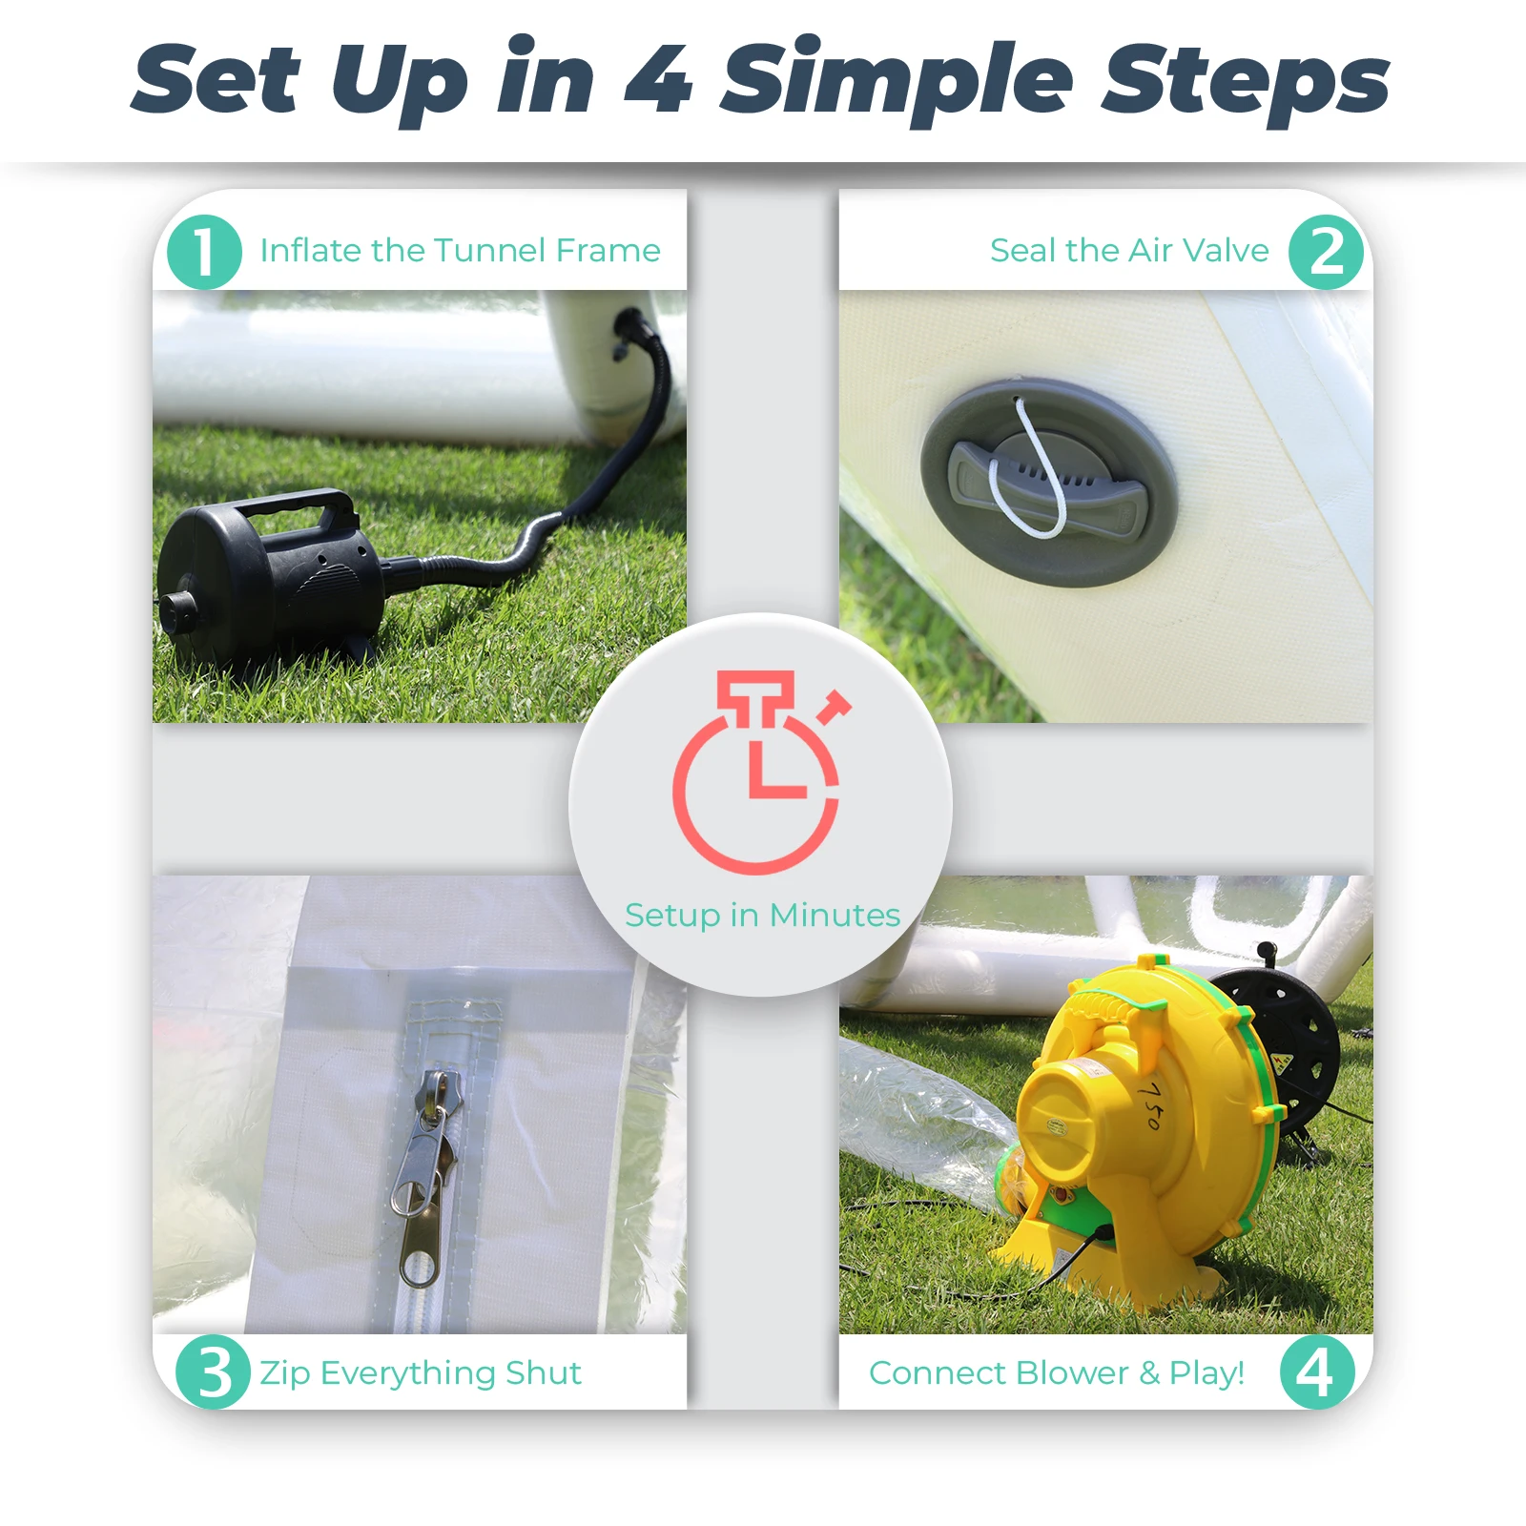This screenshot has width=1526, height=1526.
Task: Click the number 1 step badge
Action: tap(204, 252)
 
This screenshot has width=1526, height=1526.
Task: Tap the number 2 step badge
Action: tap(1326, 252)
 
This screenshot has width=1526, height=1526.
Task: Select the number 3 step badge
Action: tap(214, 1372)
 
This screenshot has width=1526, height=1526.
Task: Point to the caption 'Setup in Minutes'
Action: tap(762, 916)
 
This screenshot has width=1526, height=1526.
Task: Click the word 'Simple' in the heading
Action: tap(897, 81)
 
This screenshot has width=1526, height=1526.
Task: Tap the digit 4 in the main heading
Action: tap(658, 78)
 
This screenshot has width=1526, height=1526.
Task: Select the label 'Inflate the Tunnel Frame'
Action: tap(460, 251)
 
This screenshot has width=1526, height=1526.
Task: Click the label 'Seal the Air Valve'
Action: tap(1129, 251)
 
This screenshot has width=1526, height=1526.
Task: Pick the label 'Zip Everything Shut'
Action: tap(421, 1374)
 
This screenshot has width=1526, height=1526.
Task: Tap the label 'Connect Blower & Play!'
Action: tap(1057, 1373)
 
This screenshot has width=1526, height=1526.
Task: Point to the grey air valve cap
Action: tap(1049, 482)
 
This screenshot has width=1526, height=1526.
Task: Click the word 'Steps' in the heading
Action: tap(1246, 81)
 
